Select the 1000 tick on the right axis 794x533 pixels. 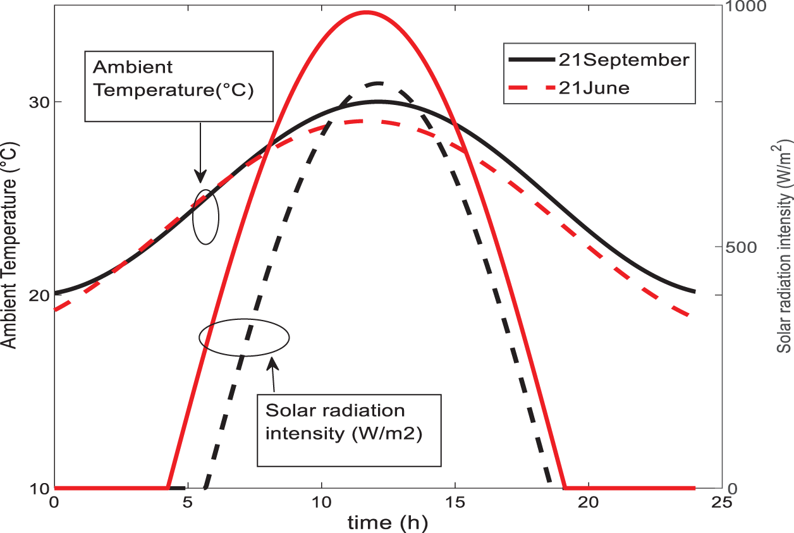[x=744, y=7]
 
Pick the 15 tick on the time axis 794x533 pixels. [x=455, y=503]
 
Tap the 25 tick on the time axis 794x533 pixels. [x=721, y=503]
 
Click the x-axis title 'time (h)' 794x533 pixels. [x=387, y=523]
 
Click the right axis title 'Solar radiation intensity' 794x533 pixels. [x=784, y=247]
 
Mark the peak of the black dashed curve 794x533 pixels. [x=379, y=83]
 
